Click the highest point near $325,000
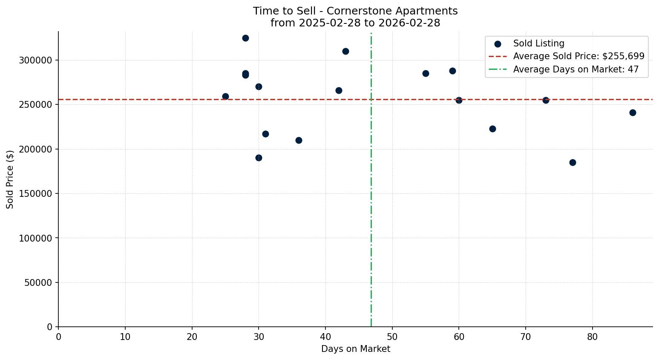pos(245,38)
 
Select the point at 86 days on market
pos(633,112)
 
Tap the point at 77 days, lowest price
pos(573,162)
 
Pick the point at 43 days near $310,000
pos(345,51)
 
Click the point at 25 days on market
pos(225,96)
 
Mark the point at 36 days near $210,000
pos(299,140)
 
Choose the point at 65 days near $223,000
pos(492,129)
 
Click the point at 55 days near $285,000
pos(426,73)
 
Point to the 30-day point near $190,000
pos(259,158)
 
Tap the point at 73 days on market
pos(546,100)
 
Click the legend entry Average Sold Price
pos(578,56)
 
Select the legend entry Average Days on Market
pos(576,69)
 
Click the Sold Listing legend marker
pos(498,44)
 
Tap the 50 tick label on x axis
pos(392,337)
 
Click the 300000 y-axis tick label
pos(36,60)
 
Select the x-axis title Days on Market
pos(355,349)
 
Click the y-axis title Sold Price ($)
pos(10,179)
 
